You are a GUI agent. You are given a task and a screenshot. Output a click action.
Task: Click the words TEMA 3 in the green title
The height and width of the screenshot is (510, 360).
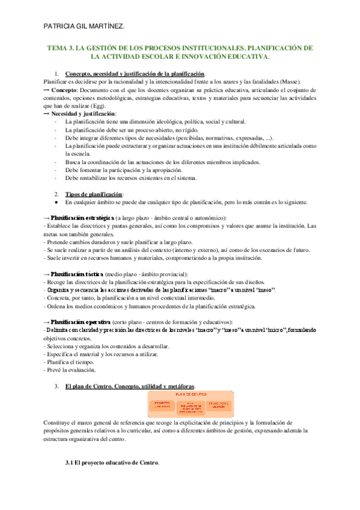tap(61, 48)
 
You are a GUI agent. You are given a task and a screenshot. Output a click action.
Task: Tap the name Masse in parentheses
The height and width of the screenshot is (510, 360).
tap(291, 82)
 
